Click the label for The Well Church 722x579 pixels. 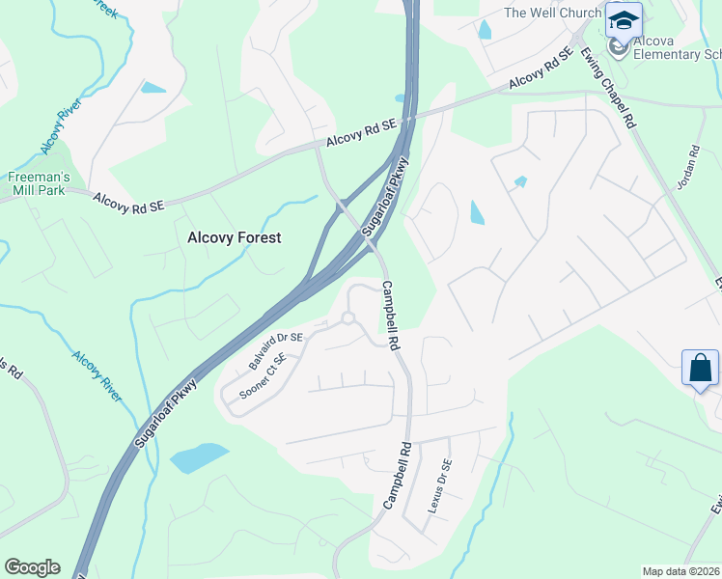pyautogui.click(x=552, y=13)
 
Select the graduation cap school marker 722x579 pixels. pyautogui.click(x=624, y=20)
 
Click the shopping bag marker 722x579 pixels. pyautogui.click(x=700, y=368)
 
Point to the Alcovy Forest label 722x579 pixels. pyautogui.click(x=234, y=237)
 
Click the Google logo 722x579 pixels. pyautogui.click(x=32, y=567)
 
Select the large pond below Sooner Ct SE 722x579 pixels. pyautogui.click(x=199, y=457)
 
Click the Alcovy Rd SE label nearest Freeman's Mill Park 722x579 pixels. pyautogui.click(x=130, y=202)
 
